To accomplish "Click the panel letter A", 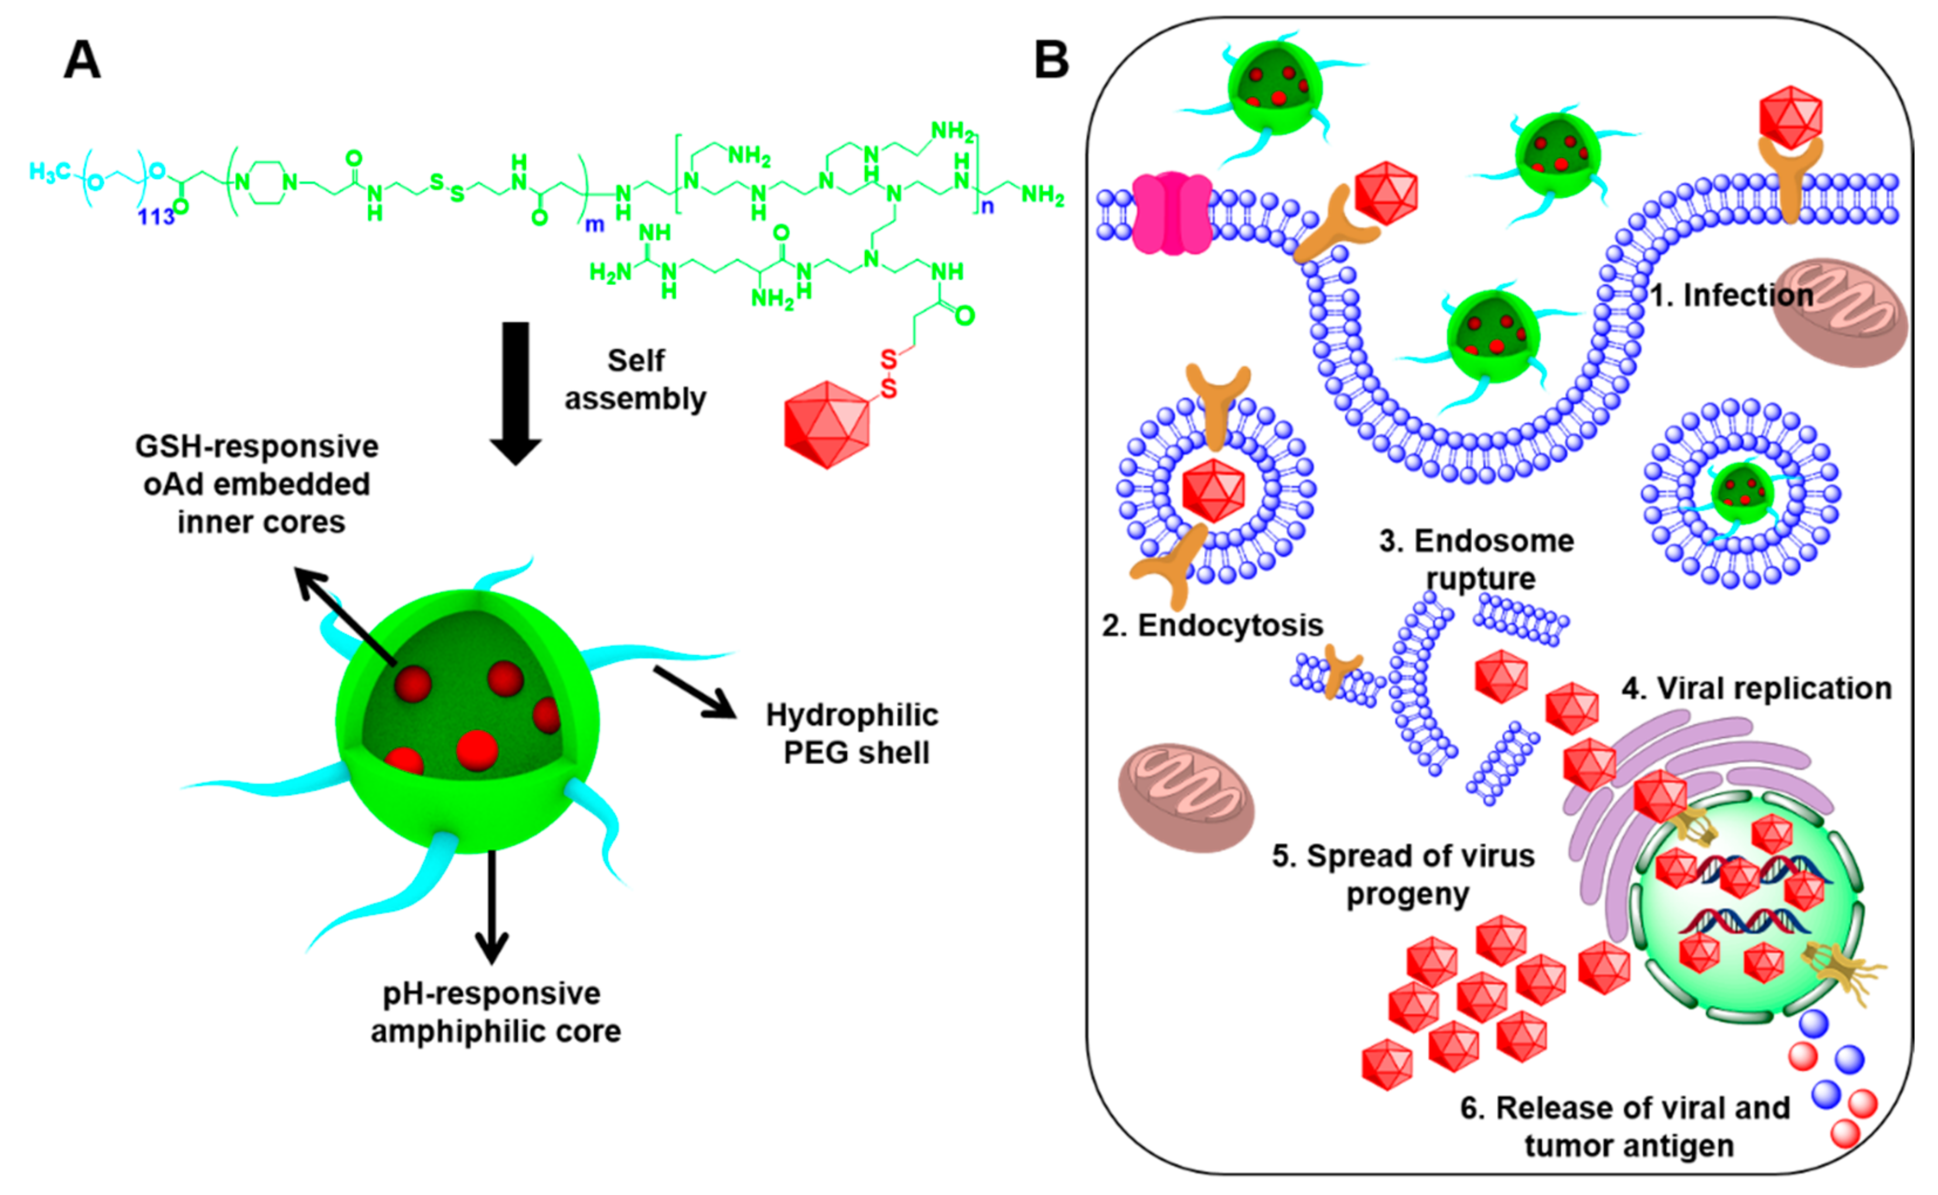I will click(82, 60).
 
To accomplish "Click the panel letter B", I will click(1051, 60).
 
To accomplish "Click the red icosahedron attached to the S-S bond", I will click(827, 425).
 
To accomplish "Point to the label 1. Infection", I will click(1732, 296).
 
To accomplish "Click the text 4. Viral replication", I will click(1756, 688).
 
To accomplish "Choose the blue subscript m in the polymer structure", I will click(595, 226).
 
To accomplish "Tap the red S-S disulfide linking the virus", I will click(888, 373).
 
